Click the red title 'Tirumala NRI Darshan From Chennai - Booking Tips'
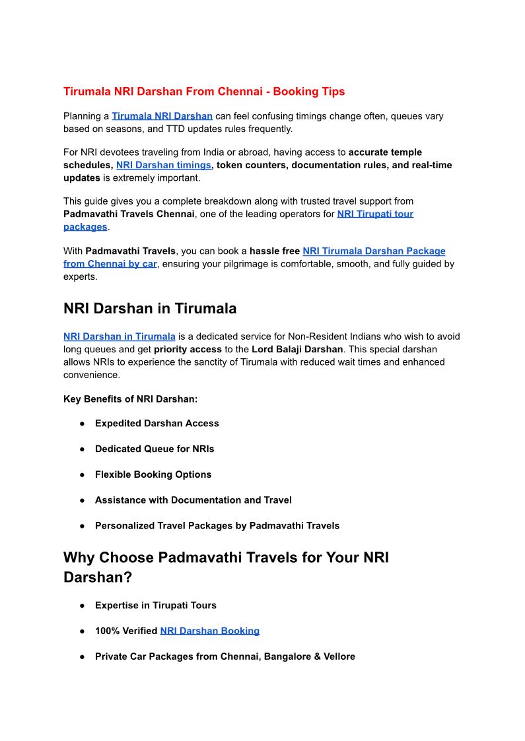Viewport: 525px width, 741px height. pyautogui.click(x=204, y=92)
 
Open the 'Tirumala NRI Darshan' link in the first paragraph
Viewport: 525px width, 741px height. pyautogui.click(x=162, y=116)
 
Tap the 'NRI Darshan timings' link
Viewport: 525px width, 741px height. pyautogui.click(x=164, y=165)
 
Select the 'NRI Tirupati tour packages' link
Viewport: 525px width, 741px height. pyautogui.click(x=375, y=214)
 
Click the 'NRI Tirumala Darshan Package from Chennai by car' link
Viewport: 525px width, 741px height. pyautogui.click(x=374, y=251)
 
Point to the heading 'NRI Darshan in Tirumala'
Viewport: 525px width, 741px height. pyautogui.click(x=150, y=309)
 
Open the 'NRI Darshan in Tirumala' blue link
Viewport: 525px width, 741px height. pyautogui.click(x=120, y=337)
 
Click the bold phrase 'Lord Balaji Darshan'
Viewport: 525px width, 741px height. pyautogui.click(x=297, y=349)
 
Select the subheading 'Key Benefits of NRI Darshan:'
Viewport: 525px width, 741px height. pyautogui.click(x=130, y=399)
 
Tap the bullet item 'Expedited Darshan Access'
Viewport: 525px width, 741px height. pyautogui.click(x=157, y=424)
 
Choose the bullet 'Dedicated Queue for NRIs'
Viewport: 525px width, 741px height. pyautogui.click(x=155, y=449)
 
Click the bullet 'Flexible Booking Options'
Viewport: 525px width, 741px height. pyautogui.click(x=153, y=475)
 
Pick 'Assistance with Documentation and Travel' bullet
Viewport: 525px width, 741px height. pyautogui.click(x=193, y=500)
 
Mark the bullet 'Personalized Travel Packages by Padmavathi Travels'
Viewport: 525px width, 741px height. pyautogui.click(x=217, y=526)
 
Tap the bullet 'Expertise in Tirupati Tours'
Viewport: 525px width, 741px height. pyautogui.click(x=155, y=605)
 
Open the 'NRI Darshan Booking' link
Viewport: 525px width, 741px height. pyautogui.click(x=209, y=631)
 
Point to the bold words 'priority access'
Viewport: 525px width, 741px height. pyautogui.click(x=188, y=349)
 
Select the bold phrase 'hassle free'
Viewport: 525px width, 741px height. pyautogui.click(x=274, y=251)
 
